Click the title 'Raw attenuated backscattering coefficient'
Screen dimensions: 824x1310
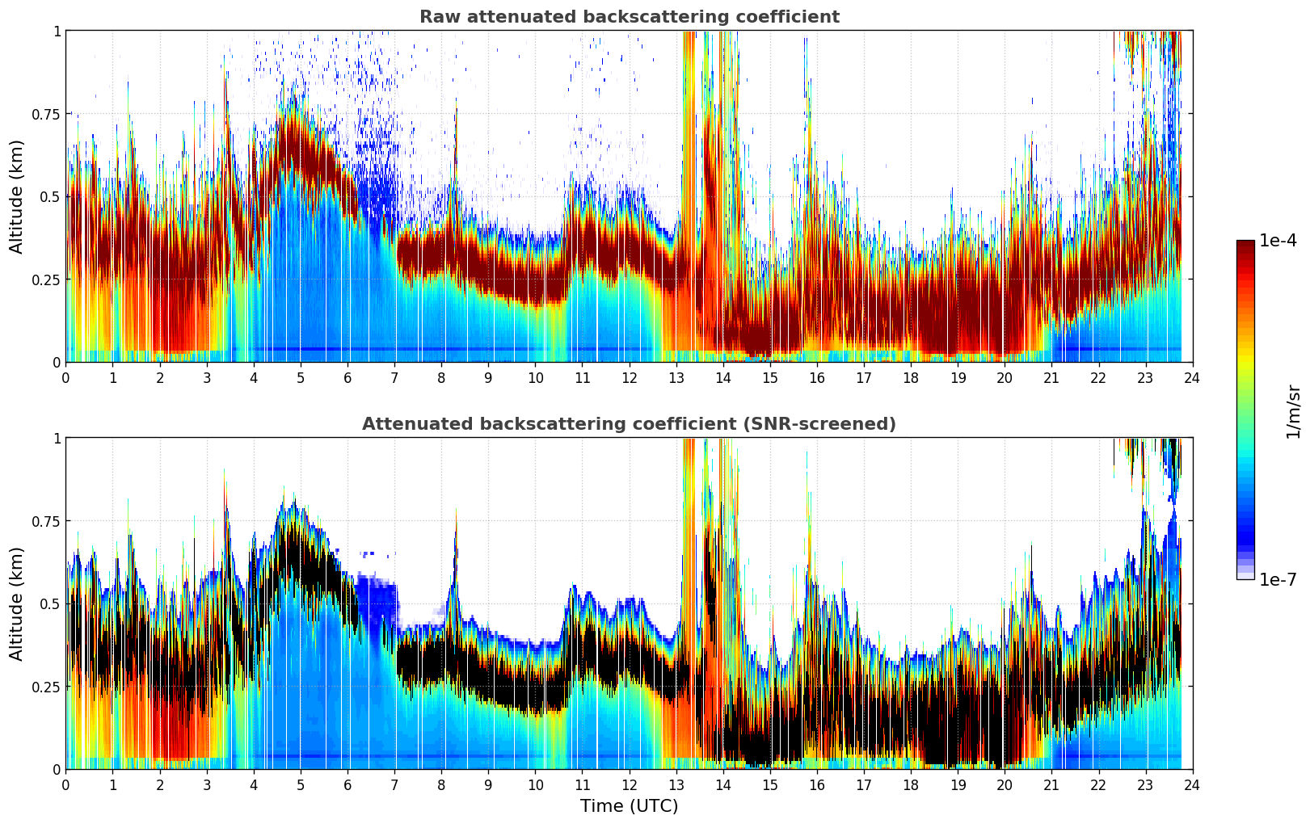[629, 17]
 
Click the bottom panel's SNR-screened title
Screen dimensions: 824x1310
[629, 424]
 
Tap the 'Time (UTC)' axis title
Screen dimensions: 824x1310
[629, 806]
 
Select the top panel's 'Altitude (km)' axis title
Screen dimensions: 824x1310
[17, 196]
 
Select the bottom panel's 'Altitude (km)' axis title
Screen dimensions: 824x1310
[17, 603]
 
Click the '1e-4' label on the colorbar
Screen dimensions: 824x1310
[1278, 241]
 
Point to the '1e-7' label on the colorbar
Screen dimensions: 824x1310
[1278, 580]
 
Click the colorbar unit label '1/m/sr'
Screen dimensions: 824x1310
[1293, 412]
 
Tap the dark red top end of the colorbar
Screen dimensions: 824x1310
[1245, 245]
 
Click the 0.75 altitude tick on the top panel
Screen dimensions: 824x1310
[46, 114]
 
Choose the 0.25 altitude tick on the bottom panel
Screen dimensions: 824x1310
[46, 687]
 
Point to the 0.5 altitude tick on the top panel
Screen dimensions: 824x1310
[50, 196]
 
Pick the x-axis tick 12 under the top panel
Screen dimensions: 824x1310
[629, 377]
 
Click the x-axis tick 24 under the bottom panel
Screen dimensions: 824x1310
[1192, 784]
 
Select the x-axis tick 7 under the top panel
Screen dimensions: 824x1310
[394, 377]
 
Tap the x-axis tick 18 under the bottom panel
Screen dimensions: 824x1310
[911, 784]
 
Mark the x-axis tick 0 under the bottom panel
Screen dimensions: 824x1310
[66, 784]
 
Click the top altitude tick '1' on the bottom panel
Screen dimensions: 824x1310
[57, 439]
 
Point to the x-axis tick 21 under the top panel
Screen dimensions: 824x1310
[1051, 377]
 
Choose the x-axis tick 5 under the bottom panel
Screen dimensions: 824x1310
[301, 784]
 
